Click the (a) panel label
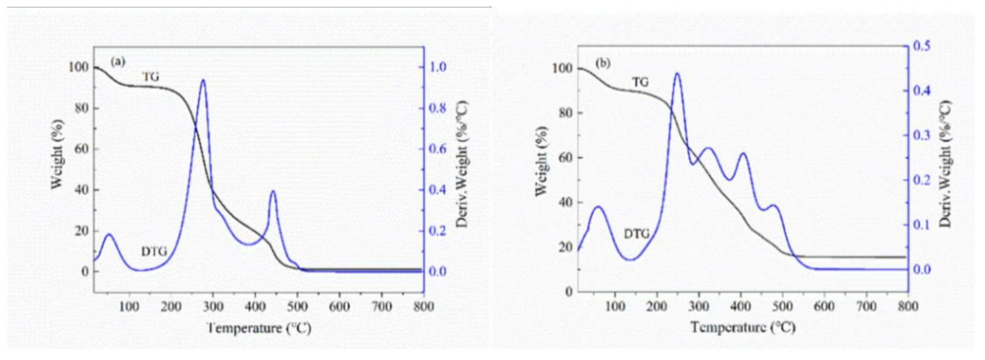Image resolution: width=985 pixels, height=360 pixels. point(117,62)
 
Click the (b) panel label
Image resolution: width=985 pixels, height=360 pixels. point(603,63)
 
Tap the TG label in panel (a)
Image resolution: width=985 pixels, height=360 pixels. point(151,77)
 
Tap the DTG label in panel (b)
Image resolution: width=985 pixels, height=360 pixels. point(637,234)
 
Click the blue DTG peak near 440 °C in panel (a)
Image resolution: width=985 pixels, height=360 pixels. point(273,191)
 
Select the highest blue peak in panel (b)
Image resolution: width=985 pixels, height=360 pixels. point(677,73)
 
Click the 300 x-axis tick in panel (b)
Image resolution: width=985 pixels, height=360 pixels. point(699,307)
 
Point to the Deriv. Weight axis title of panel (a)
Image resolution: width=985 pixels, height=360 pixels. point(463,163)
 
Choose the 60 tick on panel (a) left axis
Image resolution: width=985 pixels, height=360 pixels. point(81,149)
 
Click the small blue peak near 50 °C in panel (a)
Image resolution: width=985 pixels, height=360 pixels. point(109,234)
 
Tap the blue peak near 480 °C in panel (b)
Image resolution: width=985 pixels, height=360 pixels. point(772,206)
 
